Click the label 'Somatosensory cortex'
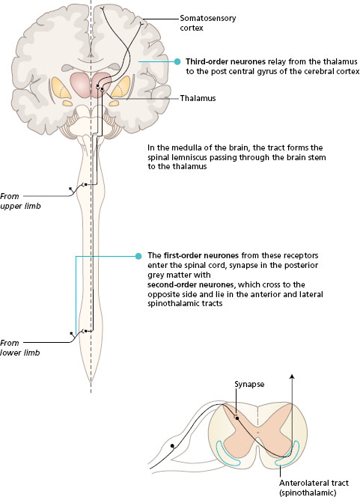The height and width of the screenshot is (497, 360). point(207,22)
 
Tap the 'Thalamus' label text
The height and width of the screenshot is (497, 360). point(198,98)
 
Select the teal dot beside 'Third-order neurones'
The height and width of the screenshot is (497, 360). point(177,62)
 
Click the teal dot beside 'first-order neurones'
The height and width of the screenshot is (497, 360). point(138,256)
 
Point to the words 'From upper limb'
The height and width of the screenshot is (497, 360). point(20,201)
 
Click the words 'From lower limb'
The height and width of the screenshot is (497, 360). point(20,348)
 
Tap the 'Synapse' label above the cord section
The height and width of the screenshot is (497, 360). point(249,385)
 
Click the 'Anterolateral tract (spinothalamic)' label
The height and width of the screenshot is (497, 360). point(314,488)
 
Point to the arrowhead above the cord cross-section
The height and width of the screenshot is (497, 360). point(292,376)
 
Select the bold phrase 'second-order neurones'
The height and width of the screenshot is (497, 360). point(190,284)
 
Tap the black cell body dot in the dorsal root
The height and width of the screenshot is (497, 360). point(172,445)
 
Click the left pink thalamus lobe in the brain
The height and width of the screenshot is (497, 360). point(80,85)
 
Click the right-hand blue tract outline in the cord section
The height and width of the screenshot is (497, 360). point(287,454)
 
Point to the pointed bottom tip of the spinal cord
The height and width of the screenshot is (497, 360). point(91,382)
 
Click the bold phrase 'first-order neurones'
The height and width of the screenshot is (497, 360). point(201,255)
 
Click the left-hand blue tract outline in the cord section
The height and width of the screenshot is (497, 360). point(226,454)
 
